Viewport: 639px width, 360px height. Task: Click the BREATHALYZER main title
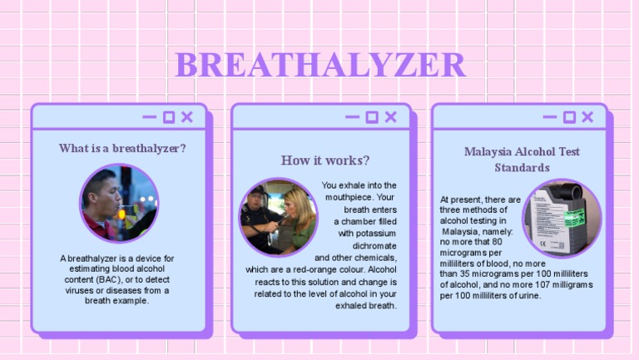click(x=319, y=65)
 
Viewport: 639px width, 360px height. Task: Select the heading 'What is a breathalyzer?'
click(x=122, y=148)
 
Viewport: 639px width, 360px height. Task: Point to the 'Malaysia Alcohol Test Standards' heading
click(x=522, y=160)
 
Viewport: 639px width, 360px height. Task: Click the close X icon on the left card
click(x=187, y=117)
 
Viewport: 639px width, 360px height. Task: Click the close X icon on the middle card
click(x=390, y=117)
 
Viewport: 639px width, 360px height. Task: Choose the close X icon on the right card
click(x=587, y=117)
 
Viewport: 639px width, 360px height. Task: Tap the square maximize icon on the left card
click(x=169, y=117)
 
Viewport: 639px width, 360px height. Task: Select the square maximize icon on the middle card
click(x=372, y=117)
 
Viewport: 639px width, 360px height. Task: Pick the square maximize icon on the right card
click(x=569, y=117)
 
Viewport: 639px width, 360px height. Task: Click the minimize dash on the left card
click(x=150, y=117)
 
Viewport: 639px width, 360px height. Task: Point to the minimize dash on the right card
click(x=550, y=117)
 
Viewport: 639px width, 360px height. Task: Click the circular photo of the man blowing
click(x=119, y=203)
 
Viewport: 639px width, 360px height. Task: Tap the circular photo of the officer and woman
click(x=278, y=218)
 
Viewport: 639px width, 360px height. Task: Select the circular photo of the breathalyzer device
click(x=562, y=218)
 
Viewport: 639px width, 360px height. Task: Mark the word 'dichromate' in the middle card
click(x=374, y=246)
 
